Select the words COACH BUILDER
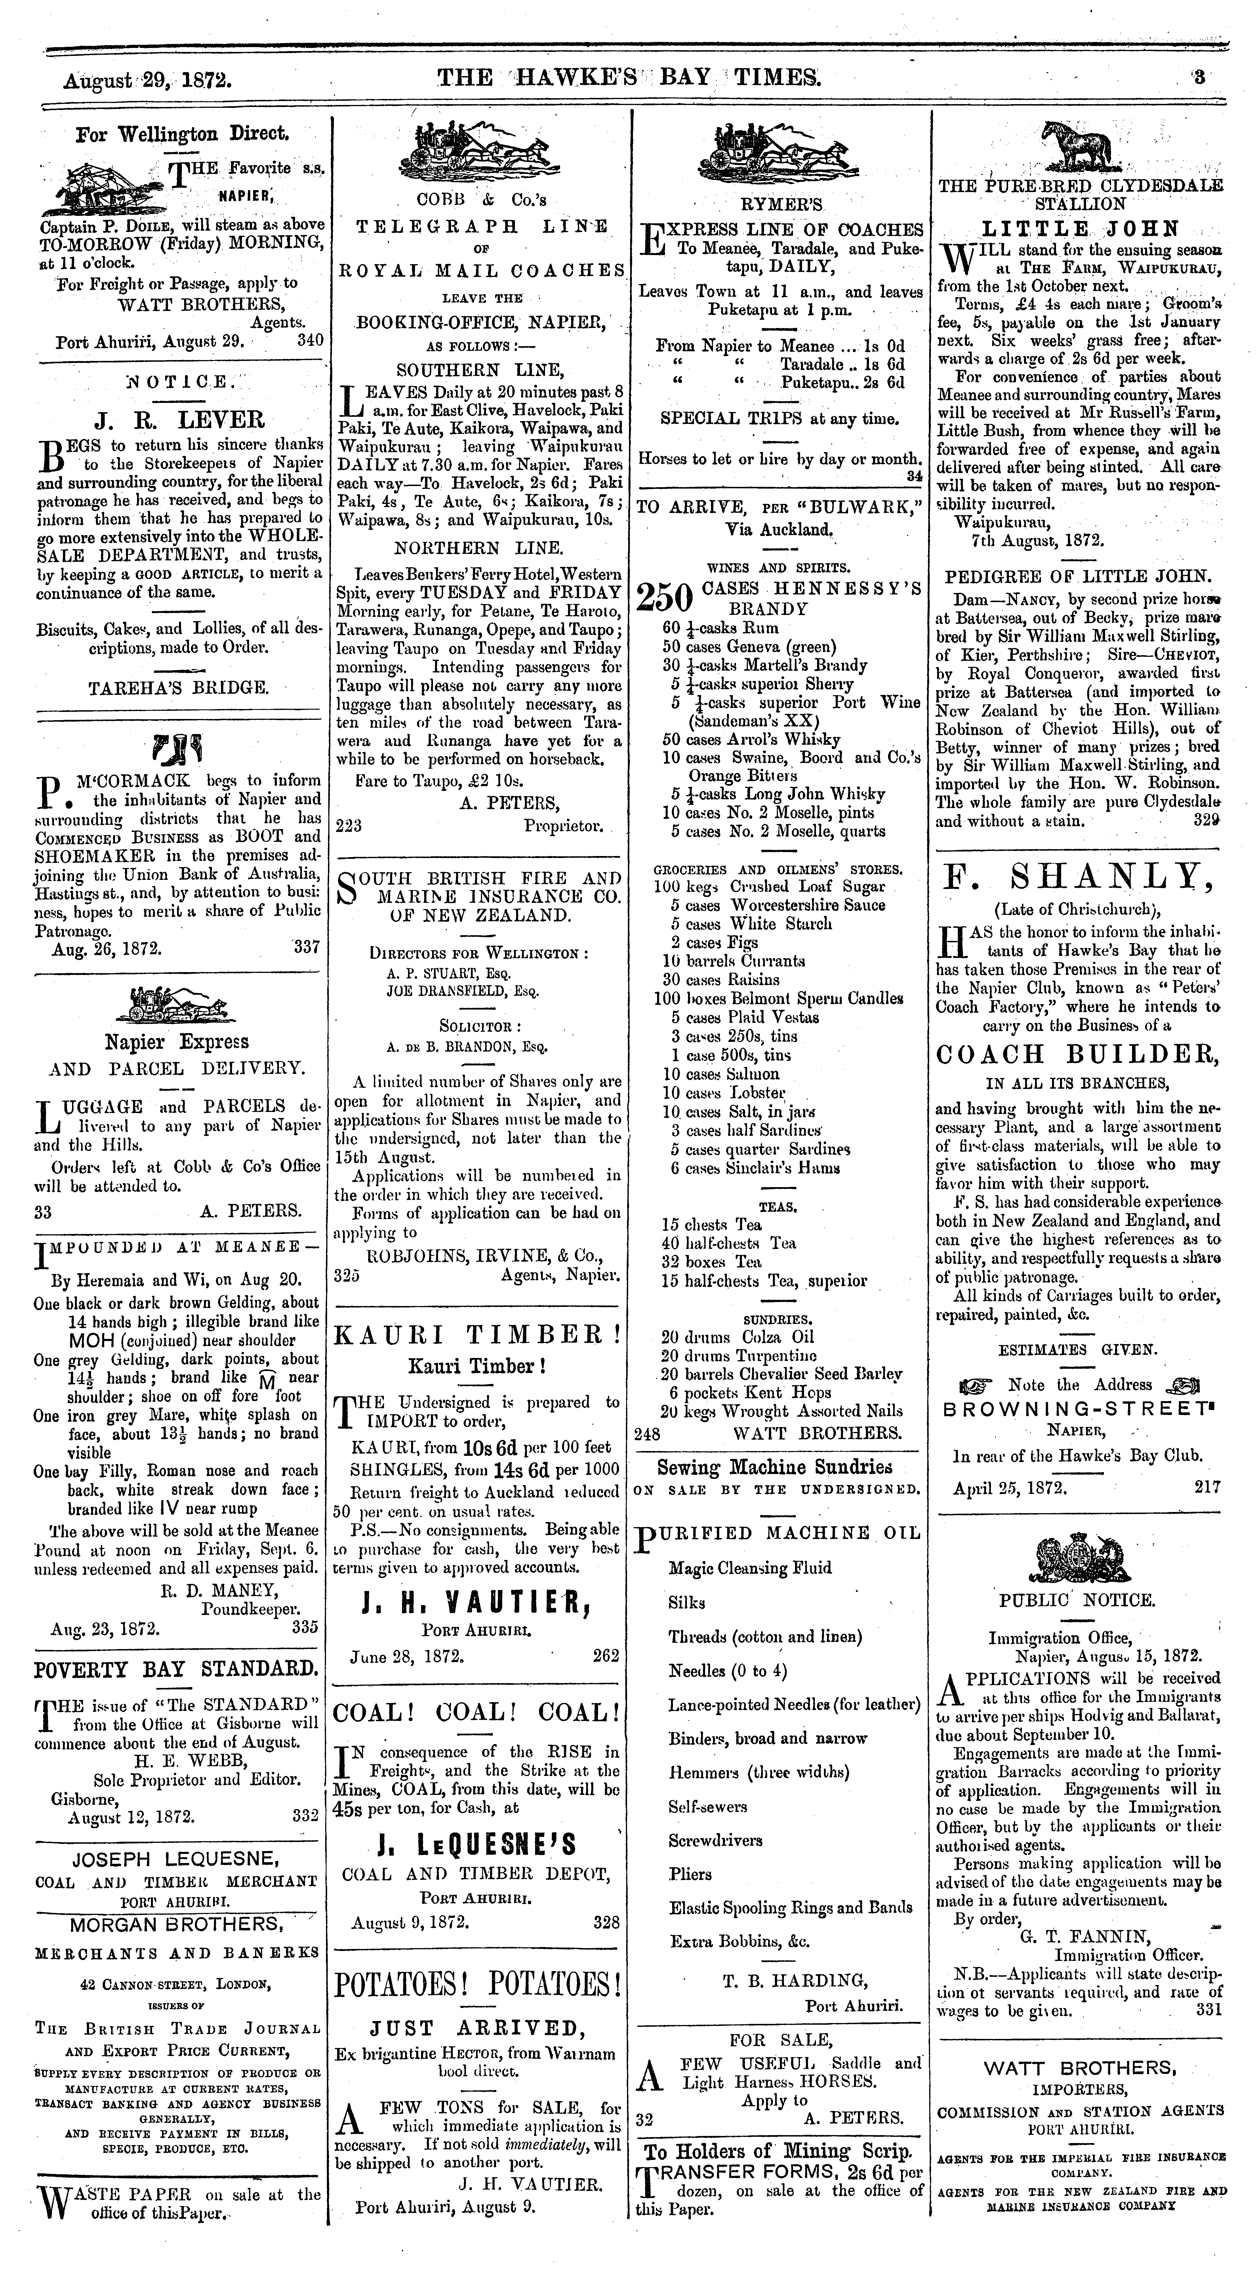pos(1077,1054)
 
